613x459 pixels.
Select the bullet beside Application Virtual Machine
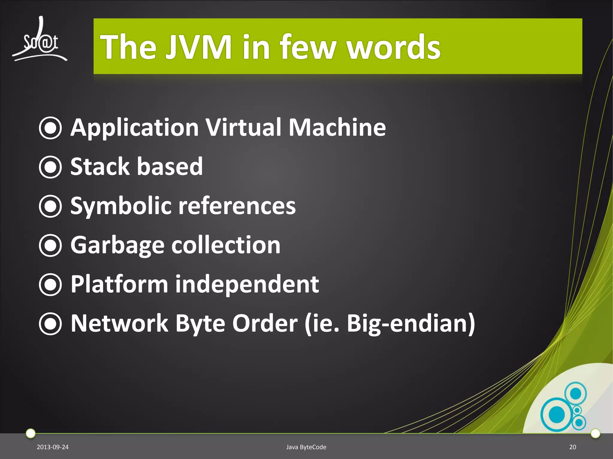click(50, 128)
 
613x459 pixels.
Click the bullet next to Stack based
click(50, 167)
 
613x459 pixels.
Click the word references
click(237, 206)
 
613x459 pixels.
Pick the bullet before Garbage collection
click(50, 245)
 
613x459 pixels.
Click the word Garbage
click(117, 246)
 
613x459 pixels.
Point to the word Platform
click(119, 284)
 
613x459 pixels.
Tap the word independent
click(247, 284)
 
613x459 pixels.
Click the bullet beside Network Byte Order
click(50, 324)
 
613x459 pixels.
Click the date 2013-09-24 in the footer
click(52, 447)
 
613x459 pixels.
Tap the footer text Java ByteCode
click(306, 447)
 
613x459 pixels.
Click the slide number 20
click(572, 447)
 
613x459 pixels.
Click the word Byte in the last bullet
click(200, 324)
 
